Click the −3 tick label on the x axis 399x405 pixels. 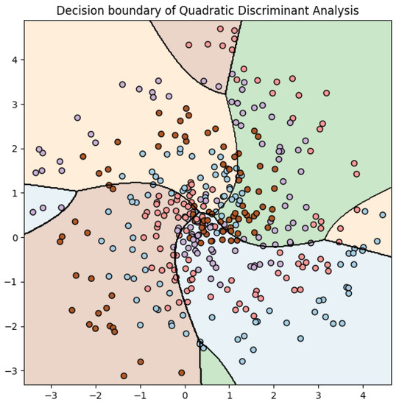51,395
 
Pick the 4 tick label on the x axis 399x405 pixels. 364,395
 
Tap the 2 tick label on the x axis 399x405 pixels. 275,395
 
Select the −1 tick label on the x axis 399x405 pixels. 139,395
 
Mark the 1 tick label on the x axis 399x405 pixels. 230,395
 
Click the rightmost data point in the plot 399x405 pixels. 382,215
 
